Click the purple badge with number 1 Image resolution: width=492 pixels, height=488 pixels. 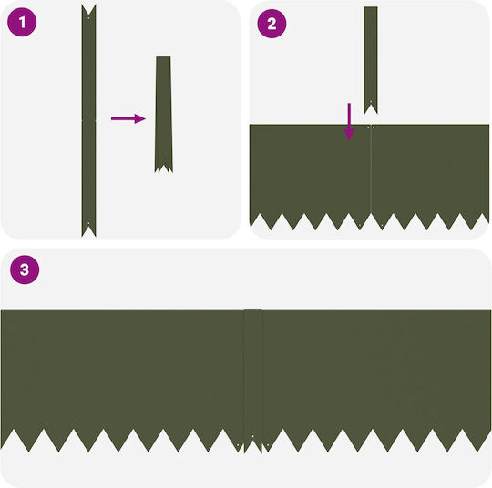tap(22, 22)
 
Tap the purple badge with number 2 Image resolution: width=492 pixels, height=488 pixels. tap(272, 24)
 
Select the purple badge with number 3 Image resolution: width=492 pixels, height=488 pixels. tap(25, 269)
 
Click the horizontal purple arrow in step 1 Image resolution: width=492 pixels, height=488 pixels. tap(128, 118)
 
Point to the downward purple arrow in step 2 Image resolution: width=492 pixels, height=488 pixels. tap(349, 122)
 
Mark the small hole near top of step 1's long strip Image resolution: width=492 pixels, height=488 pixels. tap(88, 18)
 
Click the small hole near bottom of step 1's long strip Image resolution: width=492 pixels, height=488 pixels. tap(88, 223)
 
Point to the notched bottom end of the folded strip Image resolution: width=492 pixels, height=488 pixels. tap(163, 168)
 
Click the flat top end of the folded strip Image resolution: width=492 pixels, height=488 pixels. tap(163, 57)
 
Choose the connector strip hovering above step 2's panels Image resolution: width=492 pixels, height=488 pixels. tap(371, 58)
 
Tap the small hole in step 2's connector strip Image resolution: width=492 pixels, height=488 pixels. tap(371, 102)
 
